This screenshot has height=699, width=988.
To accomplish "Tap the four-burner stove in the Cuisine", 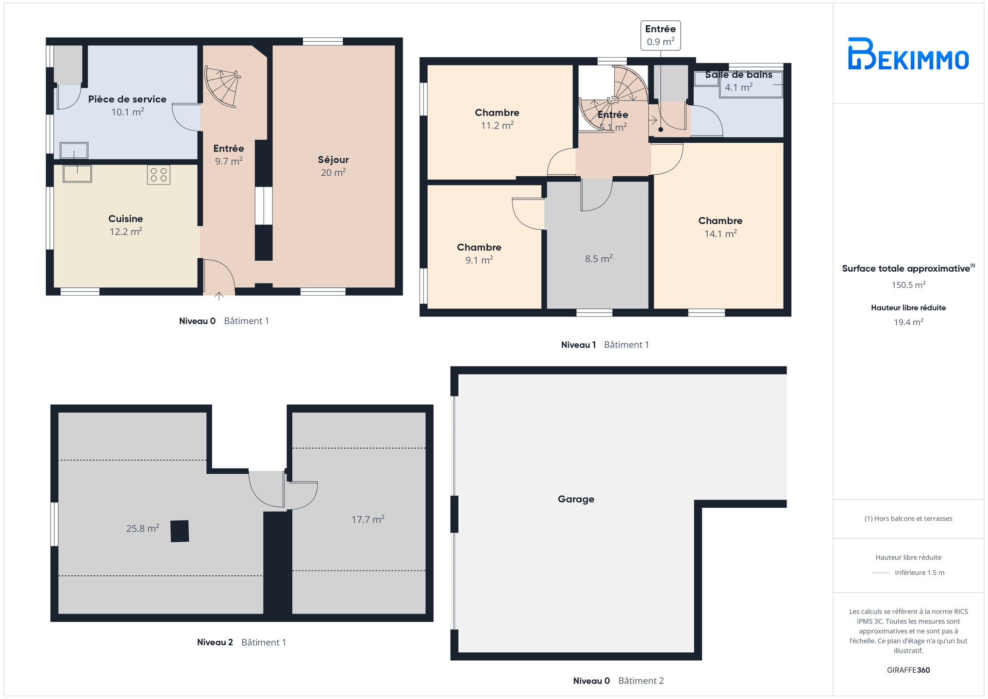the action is point(159,175).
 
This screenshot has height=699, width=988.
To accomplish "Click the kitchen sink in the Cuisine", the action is point(77,173).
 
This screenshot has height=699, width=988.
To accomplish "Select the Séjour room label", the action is point(333,160).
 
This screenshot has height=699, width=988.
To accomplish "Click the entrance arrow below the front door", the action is point(219,296).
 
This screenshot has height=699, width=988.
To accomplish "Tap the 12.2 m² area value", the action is point(126,232).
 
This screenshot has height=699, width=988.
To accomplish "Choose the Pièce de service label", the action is point(127,99).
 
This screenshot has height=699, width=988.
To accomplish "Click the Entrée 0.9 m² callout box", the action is point(660,35).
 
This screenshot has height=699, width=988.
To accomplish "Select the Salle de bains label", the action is point(738,75).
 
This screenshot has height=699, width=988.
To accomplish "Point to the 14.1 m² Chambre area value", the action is point(720,233).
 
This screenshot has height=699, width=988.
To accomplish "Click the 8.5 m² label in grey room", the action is point(599,259).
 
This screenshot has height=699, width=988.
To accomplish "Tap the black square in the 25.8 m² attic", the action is point(180,531).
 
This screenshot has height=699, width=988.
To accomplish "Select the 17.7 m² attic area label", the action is point(368,519).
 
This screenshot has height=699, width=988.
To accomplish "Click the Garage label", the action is point(576,499).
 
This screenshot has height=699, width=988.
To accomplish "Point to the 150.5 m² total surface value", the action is point(908,285).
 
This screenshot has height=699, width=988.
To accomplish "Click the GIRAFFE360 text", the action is point(908,670).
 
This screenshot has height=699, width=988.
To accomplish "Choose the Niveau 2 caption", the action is point(215,642).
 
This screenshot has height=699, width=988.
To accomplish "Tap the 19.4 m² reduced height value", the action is point(908,322).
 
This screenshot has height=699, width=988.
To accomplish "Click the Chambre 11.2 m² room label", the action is point(497,119).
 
